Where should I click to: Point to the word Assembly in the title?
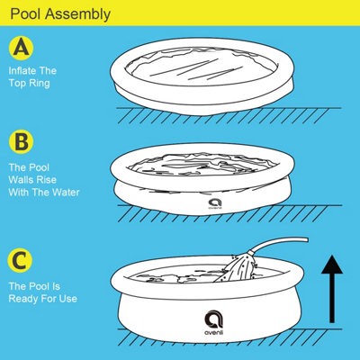click(78, 14)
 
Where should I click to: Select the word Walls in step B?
click(24, 178)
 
